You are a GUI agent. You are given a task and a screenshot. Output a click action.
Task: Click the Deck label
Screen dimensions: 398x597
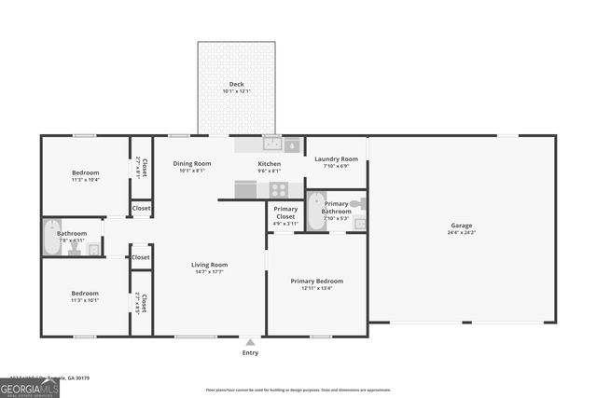236,84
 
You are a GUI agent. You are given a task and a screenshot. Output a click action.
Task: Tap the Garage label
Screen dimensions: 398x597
461,226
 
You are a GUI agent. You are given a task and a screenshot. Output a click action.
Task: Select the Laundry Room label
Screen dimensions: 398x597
336,159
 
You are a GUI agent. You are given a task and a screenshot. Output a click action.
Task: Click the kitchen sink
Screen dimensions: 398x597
271,144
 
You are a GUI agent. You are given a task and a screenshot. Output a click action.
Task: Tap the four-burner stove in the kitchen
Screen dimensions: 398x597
279,189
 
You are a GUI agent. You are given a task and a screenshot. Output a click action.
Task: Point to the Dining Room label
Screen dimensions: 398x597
192,164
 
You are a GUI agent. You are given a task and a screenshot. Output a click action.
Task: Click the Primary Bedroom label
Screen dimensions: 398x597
316,281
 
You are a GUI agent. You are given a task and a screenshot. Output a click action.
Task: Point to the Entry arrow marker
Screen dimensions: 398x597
249,341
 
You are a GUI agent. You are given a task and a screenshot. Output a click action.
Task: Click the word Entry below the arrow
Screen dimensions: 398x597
250,352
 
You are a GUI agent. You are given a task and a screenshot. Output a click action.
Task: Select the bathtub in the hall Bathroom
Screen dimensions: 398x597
51,238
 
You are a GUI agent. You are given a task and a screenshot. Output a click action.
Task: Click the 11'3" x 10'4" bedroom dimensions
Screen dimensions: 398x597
85,180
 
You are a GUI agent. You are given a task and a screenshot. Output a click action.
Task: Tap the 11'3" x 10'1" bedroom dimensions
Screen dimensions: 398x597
85,301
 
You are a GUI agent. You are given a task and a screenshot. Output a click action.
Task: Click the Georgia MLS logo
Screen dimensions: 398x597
29,388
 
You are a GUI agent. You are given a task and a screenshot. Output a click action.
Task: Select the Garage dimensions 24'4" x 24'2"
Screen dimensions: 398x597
461,232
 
